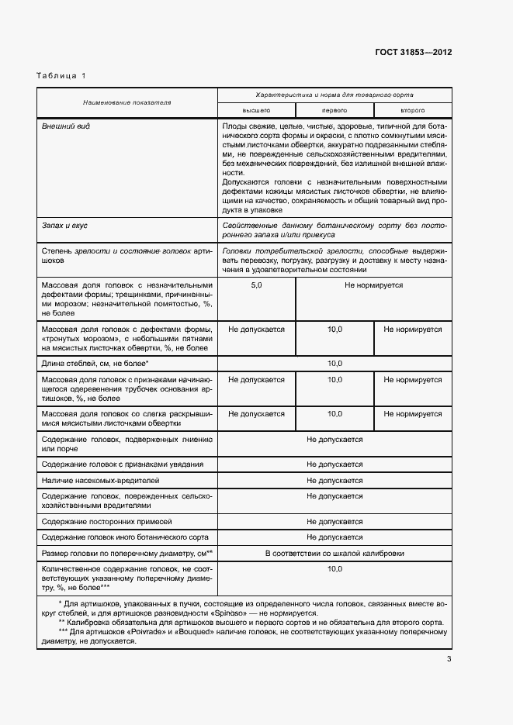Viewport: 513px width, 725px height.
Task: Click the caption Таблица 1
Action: [x=61, y=75]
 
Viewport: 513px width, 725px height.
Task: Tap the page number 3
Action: [x=449, y=660]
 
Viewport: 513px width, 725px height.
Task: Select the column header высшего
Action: [x=256, y=111]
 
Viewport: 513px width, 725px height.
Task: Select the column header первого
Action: [x=334, y=111]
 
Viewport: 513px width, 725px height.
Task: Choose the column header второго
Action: [x=412, y=111]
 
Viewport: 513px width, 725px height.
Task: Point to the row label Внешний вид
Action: [x=65, y=126]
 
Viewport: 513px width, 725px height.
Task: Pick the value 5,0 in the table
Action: [x=256, y=286]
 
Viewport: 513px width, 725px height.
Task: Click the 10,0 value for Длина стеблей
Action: [x=334, y=363]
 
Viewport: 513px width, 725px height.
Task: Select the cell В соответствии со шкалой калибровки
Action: [x=334, y=554]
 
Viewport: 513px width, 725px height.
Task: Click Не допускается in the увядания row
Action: [x=334, y=464]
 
